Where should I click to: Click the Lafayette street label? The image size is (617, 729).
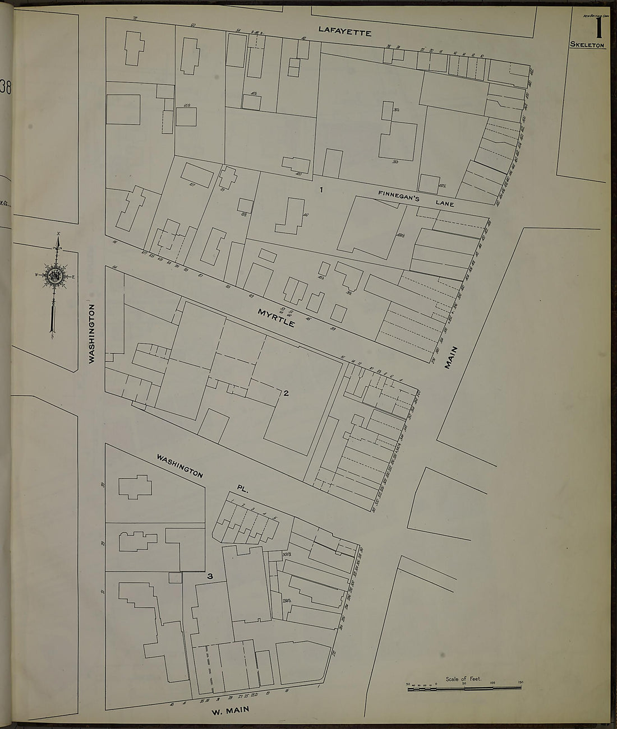(x=344, y=31)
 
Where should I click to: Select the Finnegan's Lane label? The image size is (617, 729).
(x=416, y=198)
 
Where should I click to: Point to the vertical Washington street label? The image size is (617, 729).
(x=92, y=334)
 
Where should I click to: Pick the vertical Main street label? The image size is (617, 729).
(x=451, y=357)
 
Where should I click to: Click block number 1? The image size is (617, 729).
(x=321, y=189)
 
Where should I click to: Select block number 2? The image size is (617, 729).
(x=286, y=393)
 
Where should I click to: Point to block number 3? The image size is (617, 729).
(x=210, y=576)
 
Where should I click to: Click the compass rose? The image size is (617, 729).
(x=56, y=276)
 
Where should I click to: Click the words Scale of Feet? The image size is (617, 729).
(x=463, y=679)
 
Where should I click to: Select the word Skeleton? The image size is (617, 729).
(x=587, y=44)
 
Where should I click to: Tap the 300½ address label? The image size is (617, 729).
(x=275, y=555)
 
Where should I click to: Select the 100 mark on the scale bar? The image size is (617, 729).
(x=492, y=682)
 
